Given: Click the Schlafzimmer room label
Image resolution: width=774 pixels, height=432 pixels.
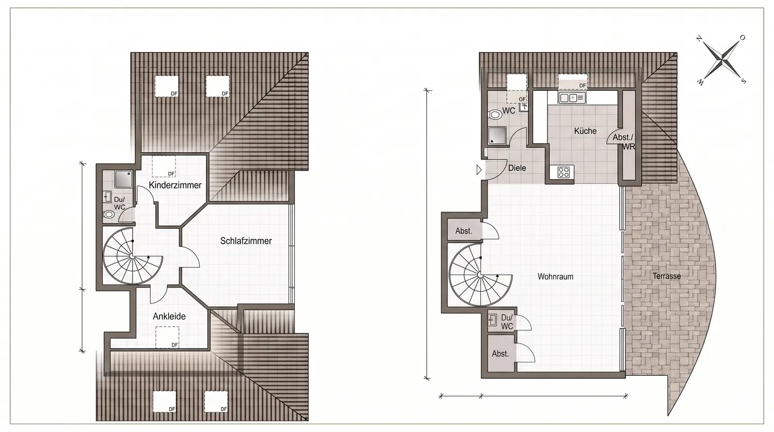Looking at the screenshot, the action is [x=246, y=241].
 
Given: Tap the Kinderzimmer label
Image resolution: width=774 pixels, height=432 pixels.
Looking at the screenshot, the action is [x=175, y=185].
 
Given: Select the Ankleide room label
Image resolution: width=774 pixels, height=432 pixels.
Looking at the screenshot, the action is [x=169, y=316].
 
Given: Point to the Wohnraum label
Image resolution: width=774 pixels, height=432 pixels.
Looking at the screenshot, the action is [x=555, y=277].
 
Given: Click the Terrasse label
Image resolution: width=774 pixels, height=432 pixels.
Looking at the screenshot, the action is [x=667, y=276].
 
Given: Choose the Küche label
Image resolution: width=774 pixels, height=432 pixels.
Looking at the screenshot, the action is [x=585, y=131].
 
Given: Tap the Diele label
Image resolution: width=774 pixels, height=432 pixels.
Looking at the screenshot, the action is [x=517, y=168].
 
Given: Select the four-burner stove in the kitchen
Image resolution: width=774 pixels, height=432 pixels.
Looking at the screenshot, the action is [x=563, y=172].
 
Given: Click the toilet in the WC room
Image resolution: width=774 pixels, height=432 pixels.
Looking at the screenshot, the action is [x=495, y=115].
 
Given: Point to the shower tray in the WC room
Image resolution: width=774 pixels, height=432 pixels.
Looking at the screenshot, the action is [x=497, y=135].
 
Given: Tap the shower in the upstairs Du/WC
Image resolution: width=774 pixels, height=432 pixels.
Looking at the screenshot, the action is [x=123, y=179].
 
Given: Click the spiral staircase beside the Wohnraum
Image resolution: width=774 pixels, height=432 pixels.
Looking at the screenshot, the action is [x=480, y=275].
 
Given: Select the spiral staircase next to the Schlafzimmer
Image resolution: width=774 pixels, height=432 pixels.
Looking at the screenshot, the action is [x=132, y=256].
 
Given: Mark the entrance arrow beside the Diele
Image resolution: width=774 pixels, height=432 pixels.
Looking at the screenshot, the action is [x=479, y=170].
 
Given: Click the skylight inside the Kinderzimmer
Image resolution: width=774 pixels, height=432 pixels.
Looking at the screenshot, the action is [x=164, y=166].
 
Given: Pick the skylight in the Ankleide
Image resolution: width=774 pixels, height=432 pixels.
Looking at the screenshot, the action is [x=167, y=337].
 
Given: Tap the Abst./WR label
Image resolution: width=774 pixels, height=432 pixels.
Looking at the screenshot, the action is [x=624, y=142].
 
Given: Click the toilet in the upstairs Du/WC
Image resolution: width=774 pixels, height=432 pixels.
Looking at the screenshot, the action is [x=108, y=215].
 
